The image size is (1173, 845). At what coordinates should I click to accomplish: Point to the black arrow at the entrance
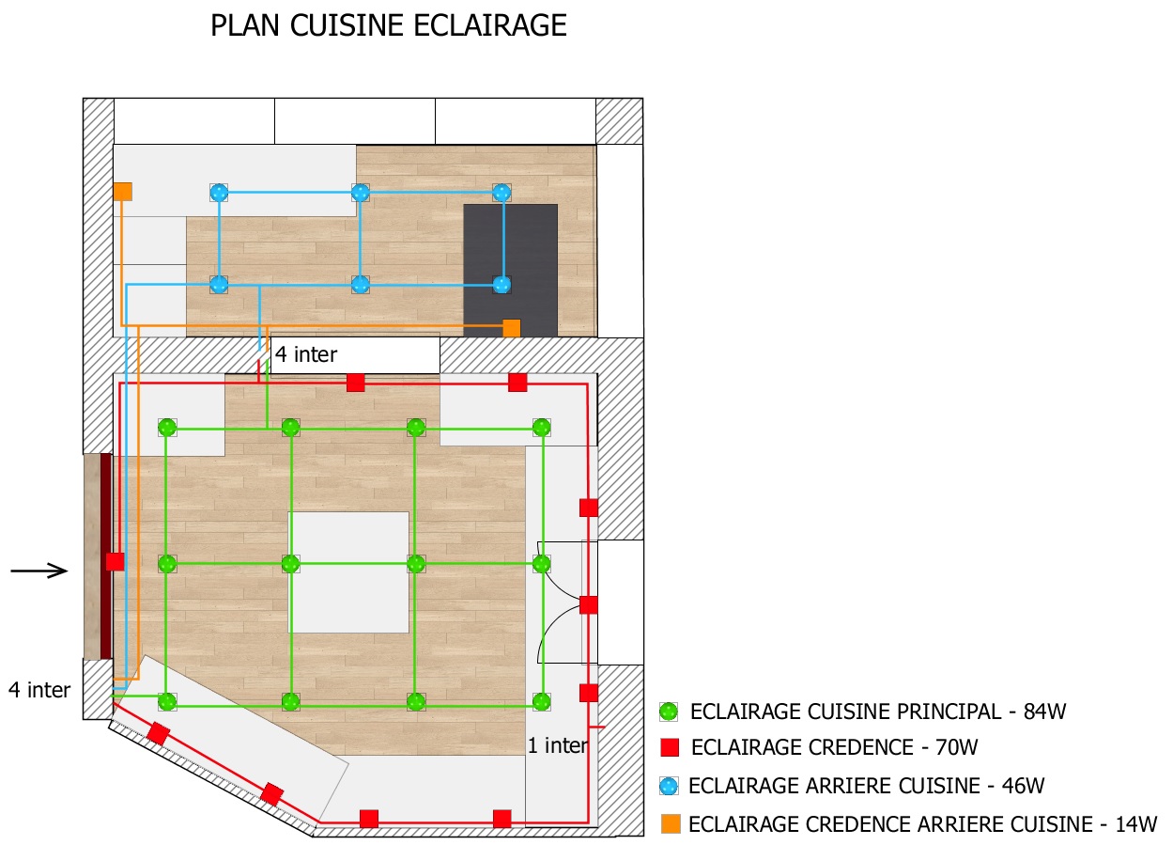pos(39,571)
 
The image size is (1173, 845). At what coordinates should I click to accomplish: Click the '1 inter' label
pos(557,746)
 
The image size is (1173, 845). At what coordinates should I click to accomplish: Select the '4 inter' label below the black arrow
pos(39,690)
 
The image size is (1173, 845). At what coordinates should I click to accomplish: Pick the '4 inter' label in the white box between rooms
pos(306,355)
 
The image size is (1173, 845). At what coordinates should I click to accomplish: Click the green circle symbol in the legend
pos(669,712)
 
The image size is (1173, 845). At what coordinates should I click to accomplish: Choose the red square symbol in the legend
pos(669,748)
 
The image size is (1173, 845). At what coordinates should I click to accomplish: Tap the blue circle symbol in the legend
pos(669,786)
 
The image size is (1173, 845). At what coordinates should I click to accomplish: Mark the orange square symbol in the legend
pos(671,823)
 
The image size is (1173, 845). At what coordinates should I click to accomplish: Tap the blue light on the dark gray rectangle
pos(502,284)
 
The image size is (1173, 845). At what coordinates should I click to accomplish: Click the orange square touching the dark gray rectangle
pos(512,328)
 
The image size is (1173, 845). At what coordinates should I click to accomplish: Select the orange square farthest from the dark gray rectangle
pos(123,192)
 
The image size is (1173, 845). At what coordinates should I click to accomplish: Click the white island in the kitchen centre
pos(348,571)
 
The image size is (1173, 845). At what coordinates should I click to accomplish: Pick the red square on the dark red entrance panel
pos(115,561)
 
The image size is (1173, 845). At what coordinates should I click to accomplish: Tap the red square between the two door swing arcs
pos(589,604)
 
